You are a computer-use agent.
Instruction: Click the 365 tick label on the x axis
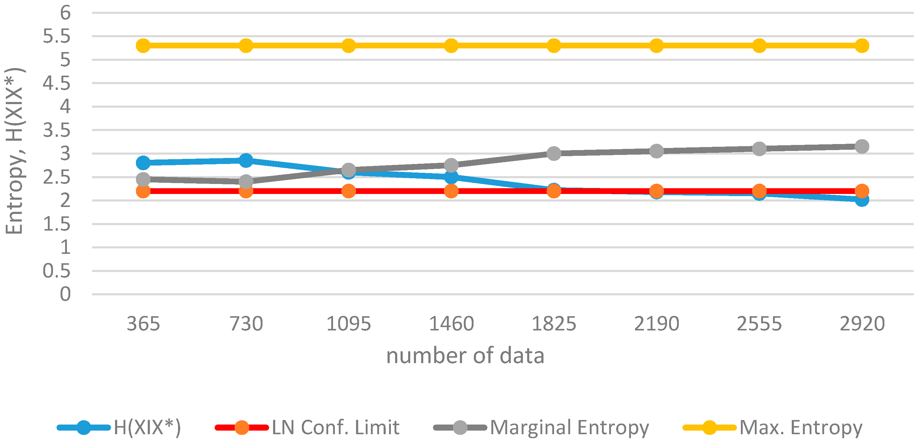coord(143,324)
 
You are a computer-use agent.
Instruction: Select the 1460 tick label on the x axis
coord(451,324)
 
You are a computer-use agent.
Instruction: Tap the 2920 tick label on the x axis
coord(862,324)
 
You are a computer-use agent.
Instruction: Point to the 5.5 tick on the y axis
coord(57,36)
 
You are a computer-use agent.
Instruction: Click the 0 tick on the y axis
coord(65,294)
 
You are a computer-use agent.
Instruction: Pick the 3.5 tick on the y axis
coord(57,130)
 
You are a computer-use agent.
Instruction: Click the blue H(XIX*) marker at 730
coord(246,161)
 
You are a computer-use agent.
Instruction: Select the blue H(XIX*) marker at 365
coord(143,163)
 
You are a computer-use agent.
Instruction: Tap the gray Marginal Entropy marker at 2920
coord(862,146)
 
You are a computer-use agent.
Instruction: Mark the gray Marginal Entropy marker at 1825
coord(554,153)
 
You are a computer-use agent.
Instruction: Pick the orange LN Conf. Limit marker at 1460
coord(451,191)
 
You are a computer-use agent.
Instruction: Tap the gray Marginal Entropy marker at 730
coord(246,182)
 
